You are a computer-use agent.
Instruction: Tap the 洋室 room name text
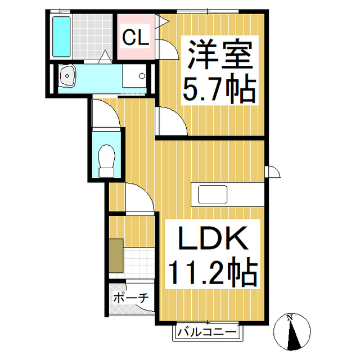[x=220, y=55]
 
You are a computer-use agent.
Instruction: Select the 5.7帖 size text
[x=219, y=89]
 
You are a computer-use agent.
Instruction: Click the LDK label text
[x=213, y=238]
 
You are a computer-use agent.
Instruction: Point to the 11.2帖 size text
[x=213, y=272]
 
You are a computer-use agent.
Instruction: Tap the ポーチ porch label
[x=131, y=298]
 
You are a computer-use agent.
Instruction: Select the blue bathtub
[x=61, y=37]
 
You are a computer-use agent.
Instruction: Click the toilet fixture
[x=106, y=160]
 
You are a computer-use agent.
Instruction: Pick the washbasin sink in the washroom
[x=67, y=75]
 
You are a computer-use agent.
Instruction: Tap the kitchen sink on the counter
[x=213, y=195]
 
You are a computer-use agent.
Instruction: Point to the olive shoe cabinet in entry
[x=116, y=255]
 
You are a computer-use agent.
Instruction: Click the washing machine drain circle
[x=142, y=75]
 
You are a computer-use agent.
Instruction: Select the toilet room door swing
[x=106, y=112]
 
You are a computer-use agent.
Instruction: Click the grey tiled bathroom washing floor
[x=93, y=37]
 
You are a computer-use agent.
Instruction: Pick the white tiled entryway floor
[x=139, y=264]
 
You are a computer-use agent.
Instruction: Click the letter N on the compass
[x=290, y=318]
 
